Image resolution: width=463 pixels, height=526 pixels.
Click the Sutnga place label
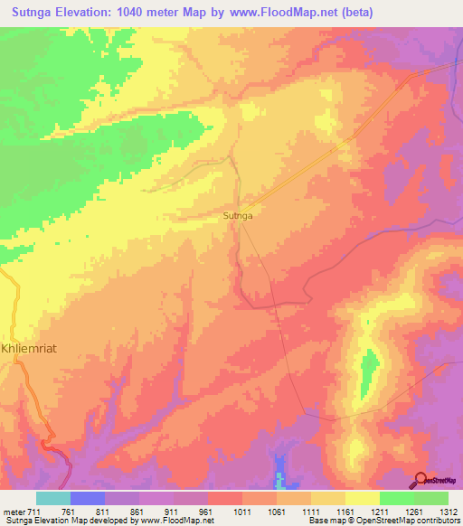coord(237,216)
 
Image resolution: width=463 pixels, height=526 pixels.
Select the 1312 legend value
coord(448,511)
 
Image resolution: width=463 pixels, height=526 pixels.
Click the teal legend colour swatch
coord(53,498)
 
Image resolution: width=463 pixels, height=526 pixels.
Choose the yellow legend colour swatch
coord(362,498)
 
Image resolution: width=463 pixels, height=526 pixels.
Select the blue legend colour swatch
coord(88,498)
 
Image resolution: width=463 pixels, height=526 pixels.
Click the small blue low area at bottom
coord(279,475)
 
